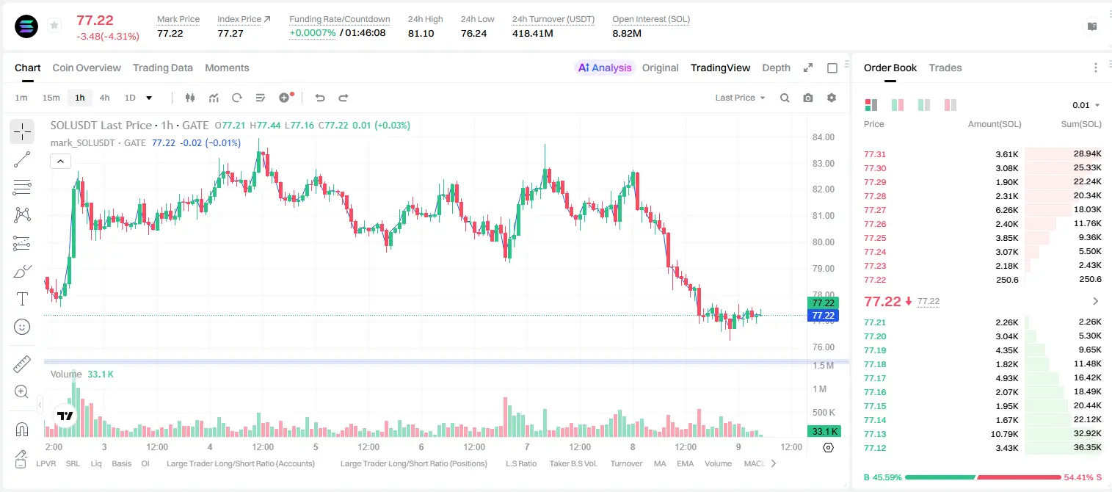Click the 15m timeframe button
click(x=51, y=98)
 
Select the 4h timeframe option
click(x=104, y=98)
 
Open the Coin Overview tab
click(x=87, y=68)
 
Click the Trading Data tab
click(x=163, y=68)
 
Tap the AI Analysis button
click(x=605, y=68)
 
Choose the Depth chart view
click(x=776, y=68)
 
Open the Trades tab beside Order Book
click(x=945, y=68)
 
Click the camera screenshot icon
click(x=808, y=98)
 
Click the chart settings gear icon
click(x=832, y=98)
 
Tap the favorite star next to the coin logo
click(x=54, y=25)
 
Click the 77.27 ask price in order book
click(x=875, y=210)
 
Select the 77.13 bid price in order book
click(x=875, y=434)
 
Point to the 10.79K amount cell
click(x=1004, y=434)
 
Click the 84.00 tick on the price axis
click(x=824, y=137)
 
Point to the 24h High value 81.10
click(x=421, y=33)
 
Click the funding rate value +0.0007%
click(x=313, y=33)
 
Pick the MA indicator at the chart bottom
click(x=660, y=463)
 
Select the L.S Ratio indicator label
click(x=521, y=463)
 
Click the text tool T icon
click(x=22, y=299)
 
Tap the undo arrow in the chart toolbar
click(x=320, y=98)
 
